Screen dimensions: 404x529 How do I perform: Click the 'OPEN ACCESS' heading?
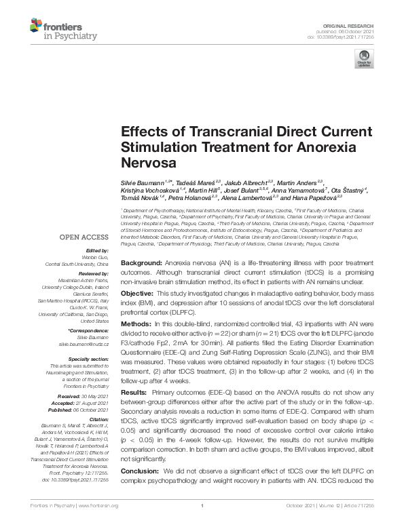(x=85, y=237)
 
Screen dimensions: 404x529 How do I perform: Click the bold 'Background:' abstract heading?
(x=142, y=262)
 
